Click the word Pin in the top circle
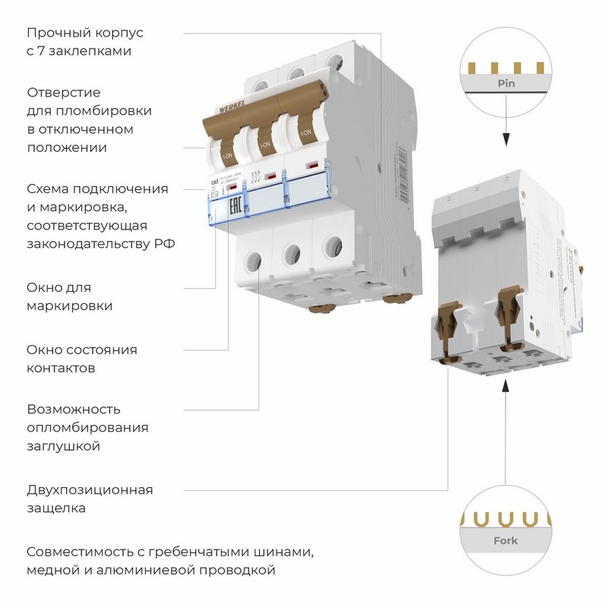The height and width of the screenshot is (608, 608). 506,83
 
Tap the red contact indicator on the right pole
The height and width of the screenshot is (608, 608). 311,164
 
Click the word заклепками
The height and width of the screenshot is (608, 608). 96,52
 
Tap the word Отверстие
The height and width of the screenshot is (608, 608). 63,92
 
